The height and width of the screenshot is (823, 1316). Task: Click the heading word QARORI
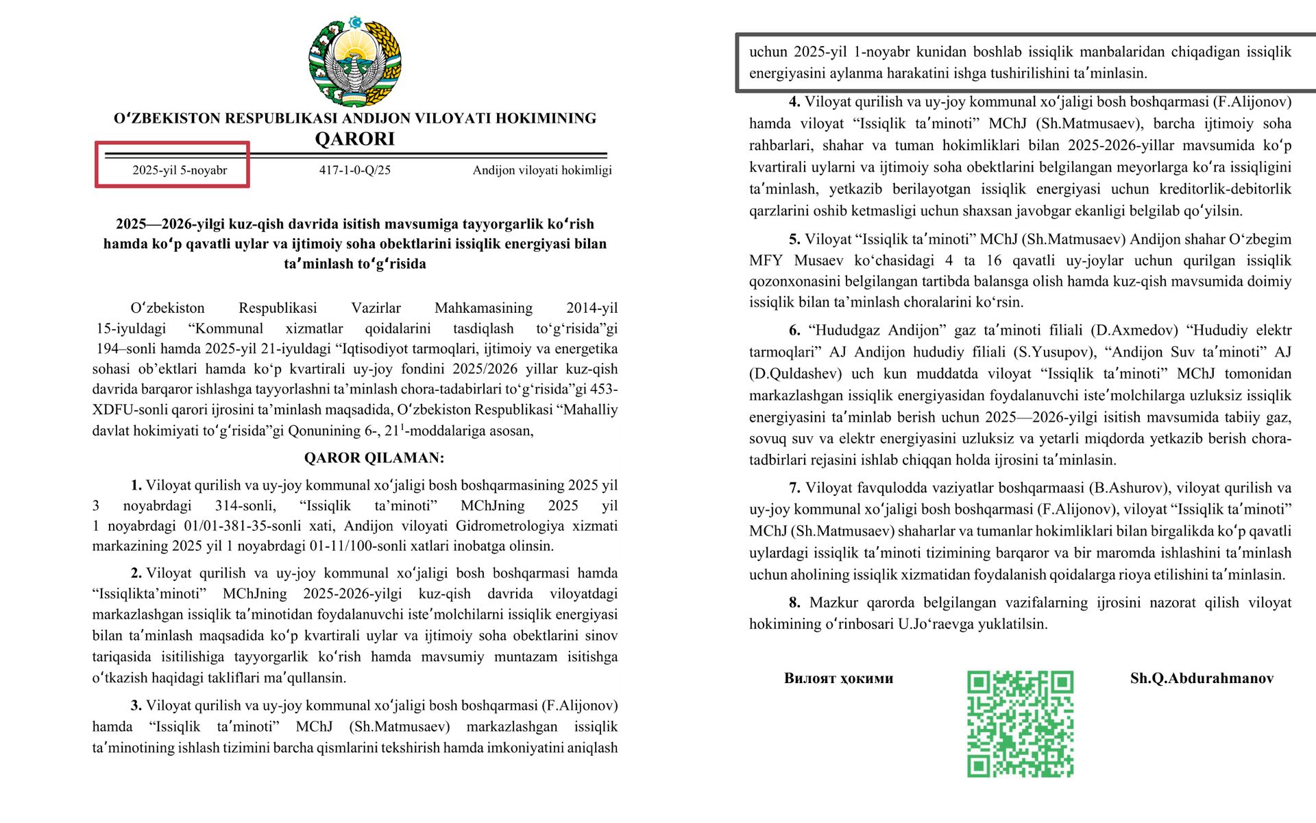click(x=354, y=139)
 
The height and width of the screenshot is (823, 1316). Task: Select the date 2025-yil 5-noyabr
click(x=180, y=170)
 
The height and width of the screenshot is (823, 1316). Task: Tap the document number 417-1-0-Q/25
click(x=354, y=170)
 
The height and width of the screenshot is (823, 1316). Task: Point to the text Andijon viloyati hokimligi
click(x=541, y=170)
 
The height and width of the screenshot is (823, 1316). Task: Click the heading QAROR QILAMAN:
click(x=374, y=458)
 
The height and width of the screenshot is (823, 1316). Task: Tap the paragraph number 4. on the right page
click(x=794, y=102)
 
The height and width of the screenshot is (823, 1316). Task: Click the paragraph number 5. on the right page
click(x=794, y=239)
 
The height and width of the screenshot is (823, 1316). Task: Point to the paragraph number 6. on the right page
click(x=794, y=331)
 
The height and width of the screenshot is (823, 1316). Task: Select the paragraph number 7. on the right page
click(x=794, y=488)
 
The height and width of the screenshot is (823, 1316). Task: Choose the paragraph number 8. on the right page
click(x=794, y=603)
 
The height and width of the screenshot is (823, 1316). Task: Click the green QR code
click(x=1020, y=724)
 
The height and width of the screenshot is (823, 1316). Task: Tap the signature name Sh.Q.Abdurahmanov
click(x=1202, y=678)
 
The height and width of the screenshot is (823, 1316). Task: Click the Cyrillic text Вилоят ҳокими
click(x=838, y=678)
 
